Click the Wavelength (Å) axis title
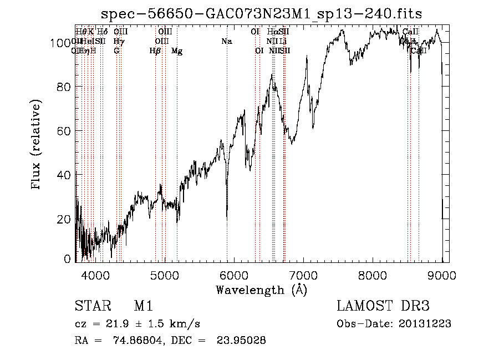[261, 290]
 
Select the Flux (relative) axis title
[37, 146]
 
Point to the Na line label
[226, 41]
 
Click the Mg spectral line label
[176, 51]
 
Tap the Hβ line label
[155, 51]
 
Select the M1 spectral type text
[143, 306]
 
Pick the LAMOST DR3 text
[383, 306]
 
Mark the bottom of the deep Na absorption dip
[227, 217]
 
